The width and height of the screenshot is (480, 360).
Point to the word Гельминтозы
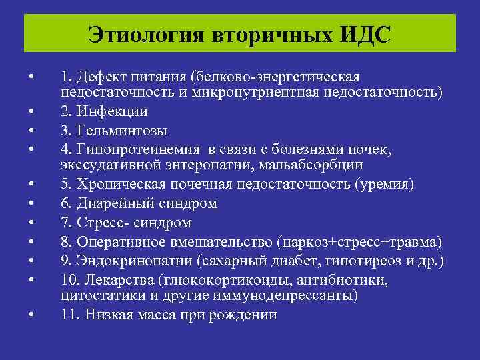(x=130, y=129)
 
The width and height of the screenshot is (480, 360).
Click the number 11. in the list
(x=69, y=314)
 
